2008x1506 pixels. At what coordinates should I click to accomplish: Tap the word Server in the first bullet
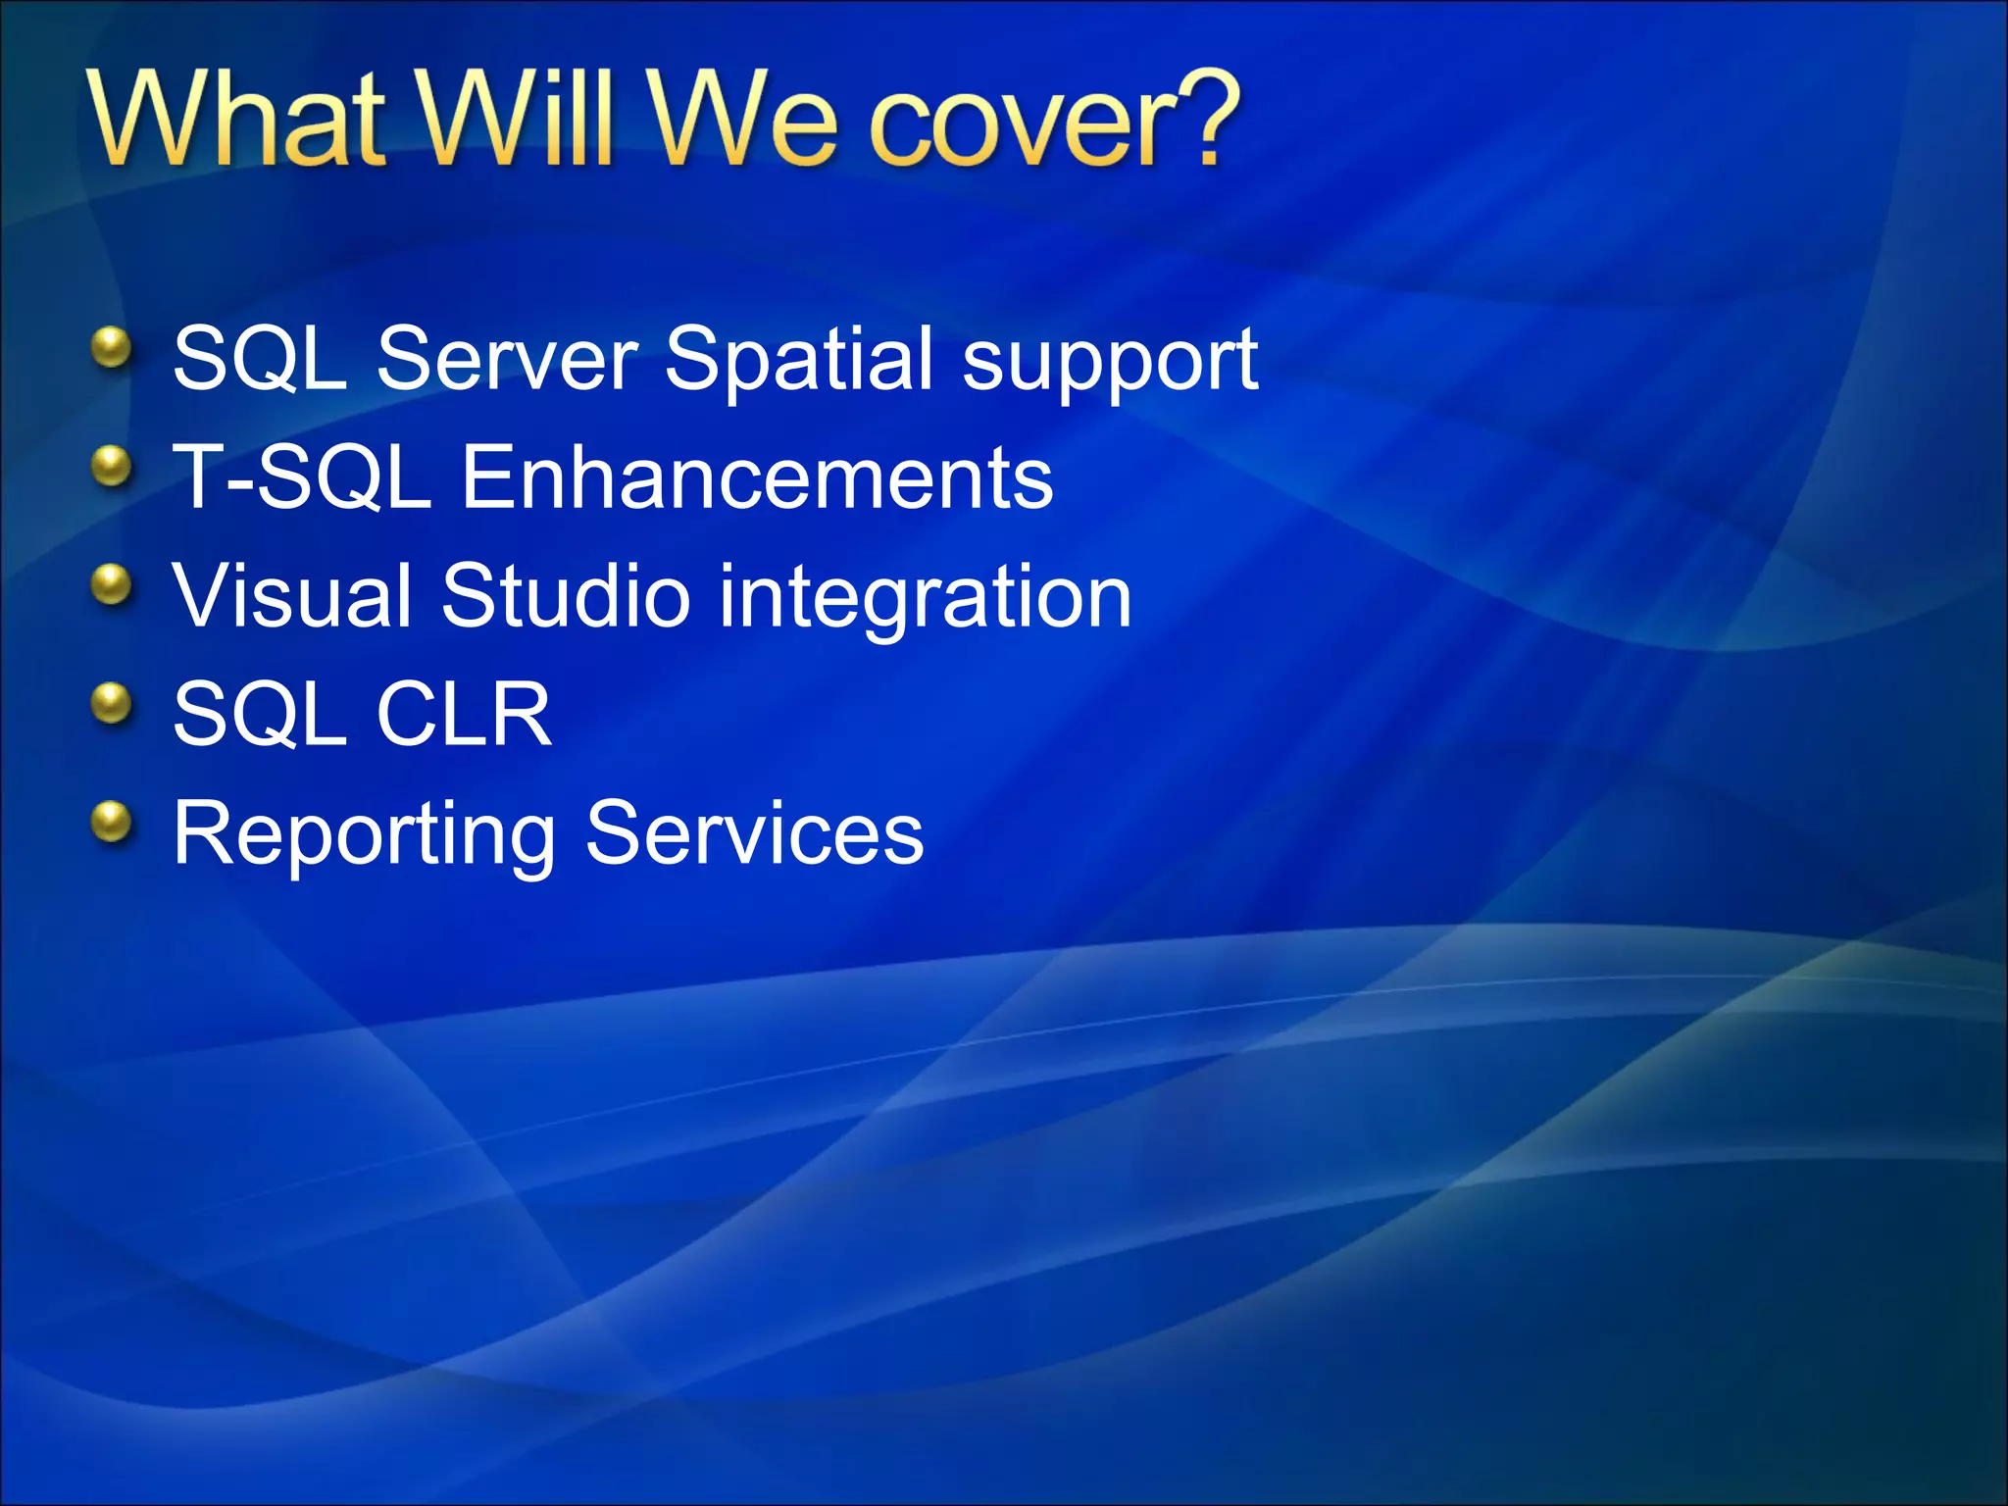pos(507,359)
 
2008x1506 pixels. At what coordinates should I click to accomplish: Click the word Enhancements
pos(756,477)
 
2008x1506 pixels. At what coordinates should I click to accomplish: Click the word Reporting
pos(364,835)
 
